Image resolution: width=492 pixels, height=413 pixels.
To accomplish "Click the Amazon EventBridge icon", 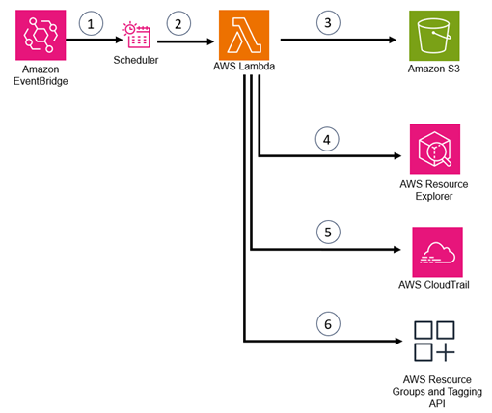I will coord(41,37).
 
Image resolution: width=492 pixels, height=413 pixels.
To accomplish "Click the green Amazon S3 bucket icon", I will coord(434,38).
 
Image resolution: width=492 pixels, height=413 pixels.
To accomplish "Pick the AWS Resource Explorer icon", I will coord(434,149).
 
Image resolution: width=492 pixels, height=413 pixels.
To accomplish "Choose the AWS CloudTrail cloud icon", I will coord(437,252).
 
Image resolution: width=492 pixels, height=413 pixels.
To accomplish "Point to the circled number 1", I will coord(92,24).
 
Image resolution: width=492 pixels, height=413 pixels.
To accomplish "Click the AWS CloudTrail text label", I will coord(437,284).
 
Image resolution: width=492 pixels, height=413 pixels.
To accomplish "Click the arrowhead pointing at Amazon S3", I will coord(394,41).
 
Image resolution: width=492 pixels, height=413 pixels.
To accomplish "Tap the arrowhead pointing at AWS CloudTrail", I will coord(396,249).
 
